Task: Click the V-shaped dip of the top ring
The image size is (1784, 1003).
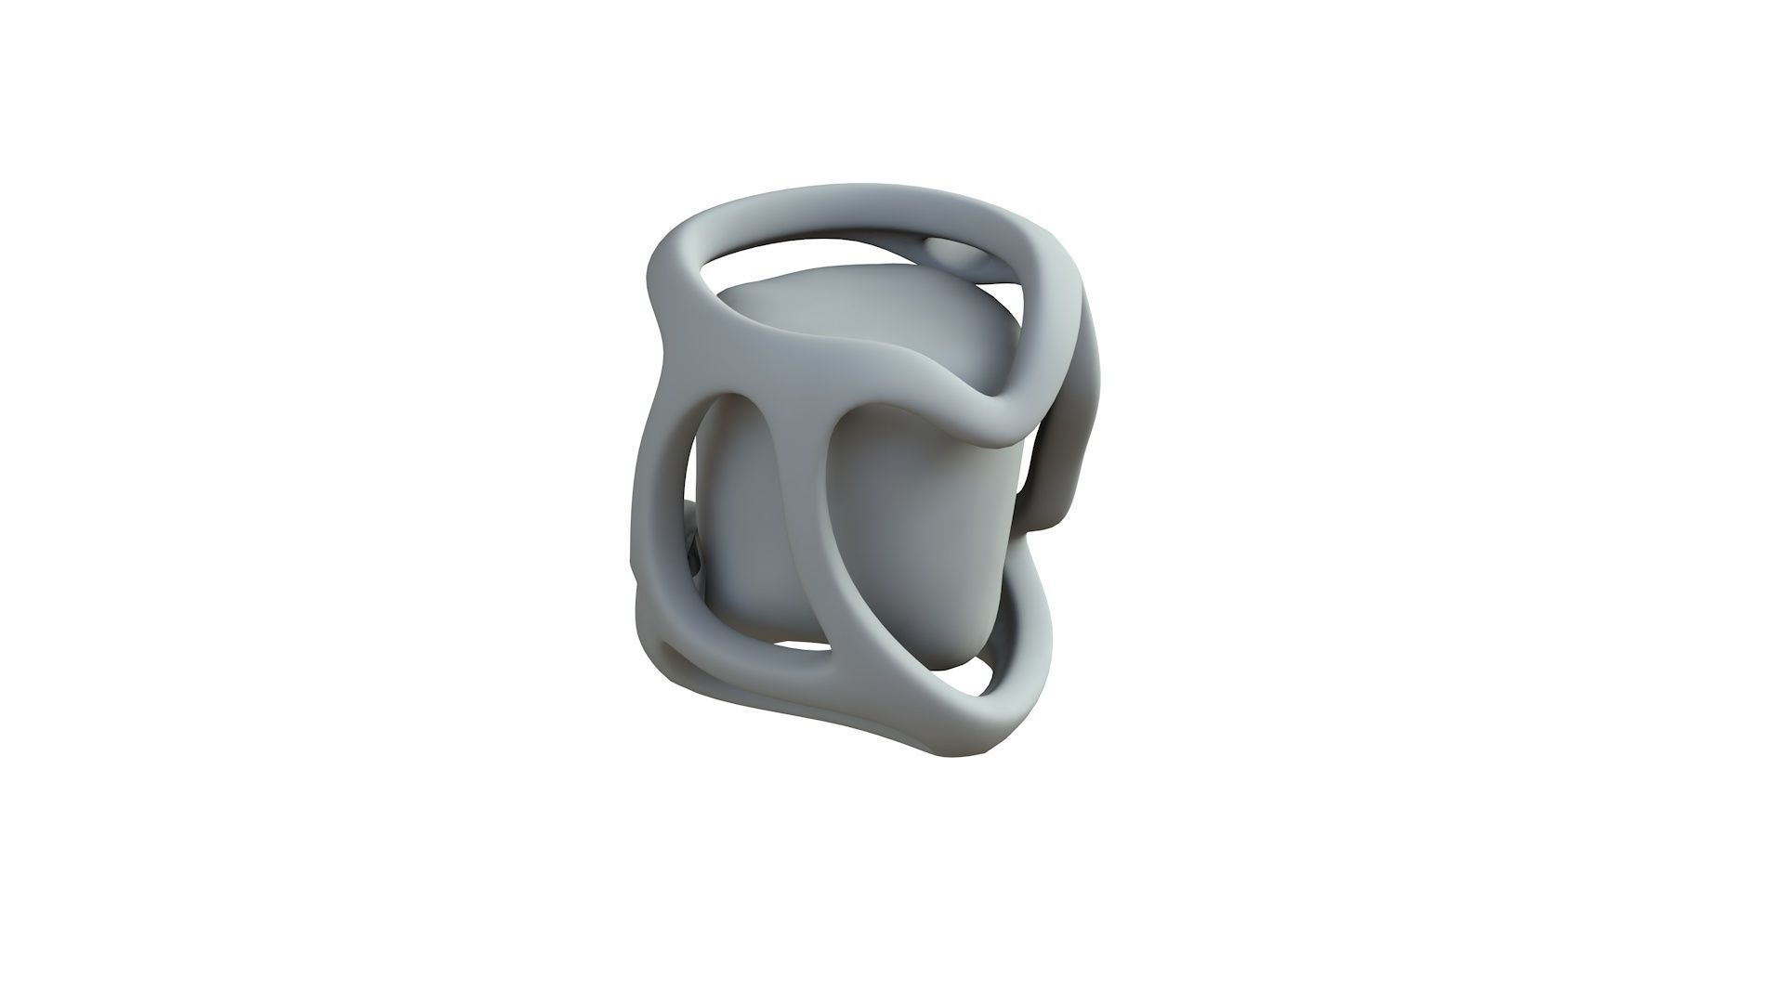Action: tap(1003, 409)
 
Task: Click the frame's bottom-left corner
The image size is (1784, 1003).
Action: tap(650, 641)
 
